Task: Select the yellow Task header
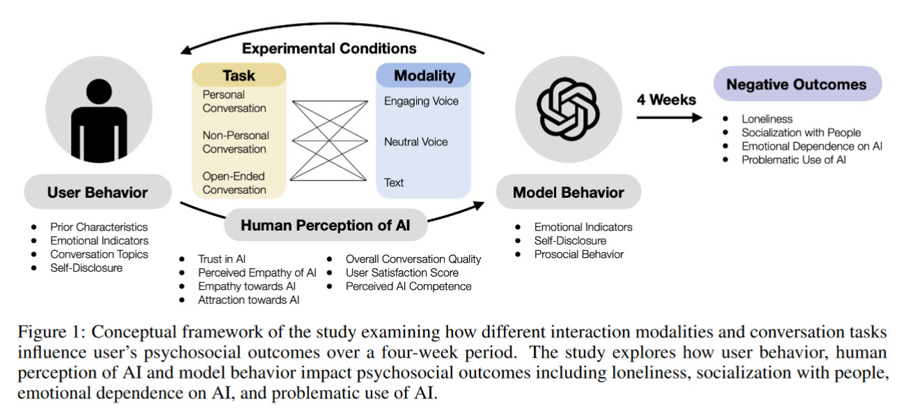239,76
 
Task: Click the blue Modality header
424,76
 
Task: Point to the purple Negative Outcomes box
797,85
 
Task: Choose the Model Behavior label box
568,192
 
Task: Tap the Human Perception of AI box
325,225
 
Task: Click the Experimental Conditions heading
329,48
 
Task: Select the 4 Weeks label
666,100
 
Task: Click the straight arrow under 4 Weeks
669,118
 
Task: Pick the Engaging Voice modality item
421,101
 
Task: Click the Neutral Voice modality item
415,142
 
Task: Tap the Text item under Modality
394,183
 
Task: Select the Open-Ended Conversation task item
234,183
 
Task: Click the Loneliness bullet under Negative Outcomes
767,119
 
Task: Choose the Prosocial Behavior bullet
579,254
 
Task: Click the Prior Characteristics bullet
99,227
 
